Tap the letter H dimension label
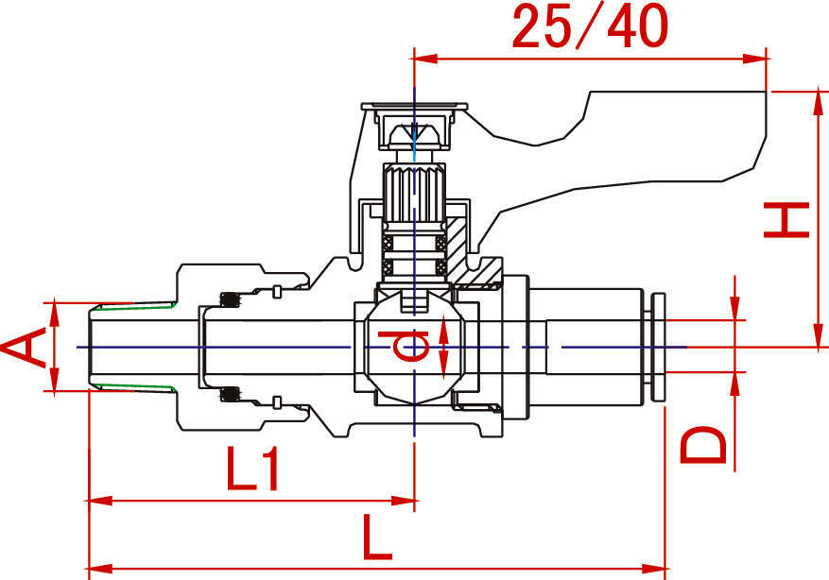tap(786, 221)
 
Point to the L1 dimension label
tap(253, 469)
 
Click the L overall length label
tap(375, 540)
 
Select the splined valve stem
tap(414, 193)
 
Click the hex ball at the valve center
tap(414, 348)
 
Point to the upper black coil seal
tap(230, 300)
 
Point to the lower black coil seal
tap(230, 394)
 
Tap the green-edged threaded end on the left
tap(132, 347)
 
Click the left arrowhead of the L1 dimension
tap(95, 500)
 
